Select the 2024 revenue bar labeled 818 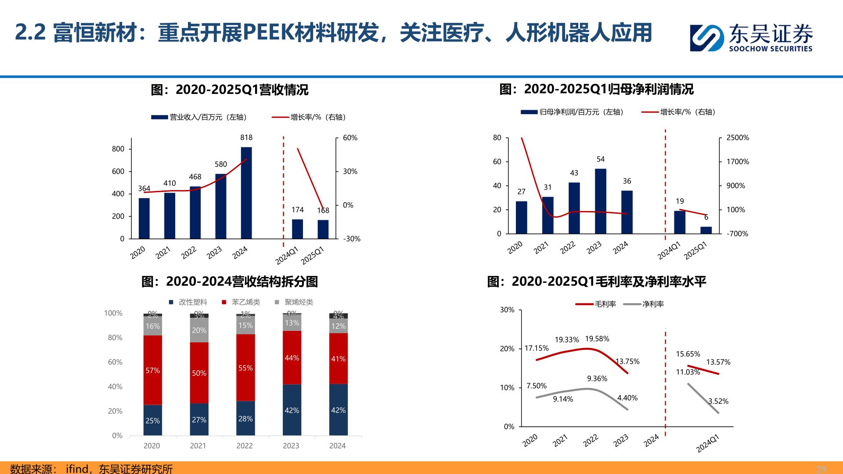click(246, 193)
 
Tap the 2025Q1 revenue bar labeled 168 click(323, 229)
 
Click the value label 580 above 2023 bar click(221, 165)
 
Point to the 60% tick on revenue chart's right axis click(350, 138)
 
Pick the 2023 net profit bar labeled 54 click(601, 201)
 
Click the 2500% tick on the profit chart click(737, 138)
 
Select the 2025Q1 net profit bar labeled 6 click(706, 230)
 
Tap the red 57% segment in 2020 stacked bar click(153, 370)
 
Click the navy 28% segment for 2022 click(245, 418)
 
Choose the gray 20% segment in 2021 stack click(199, 330)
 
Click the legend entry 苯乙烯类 click(245, 302)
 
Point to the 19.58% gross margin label click(597, 339)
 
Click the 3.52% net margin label click(718, 401)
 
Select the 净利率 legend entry click(652, 304)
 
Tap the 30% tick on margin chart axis click(507, 310)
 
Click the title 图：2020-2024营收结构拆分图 click(230, 282)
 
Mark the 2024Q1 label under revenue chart click(287, 255)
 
